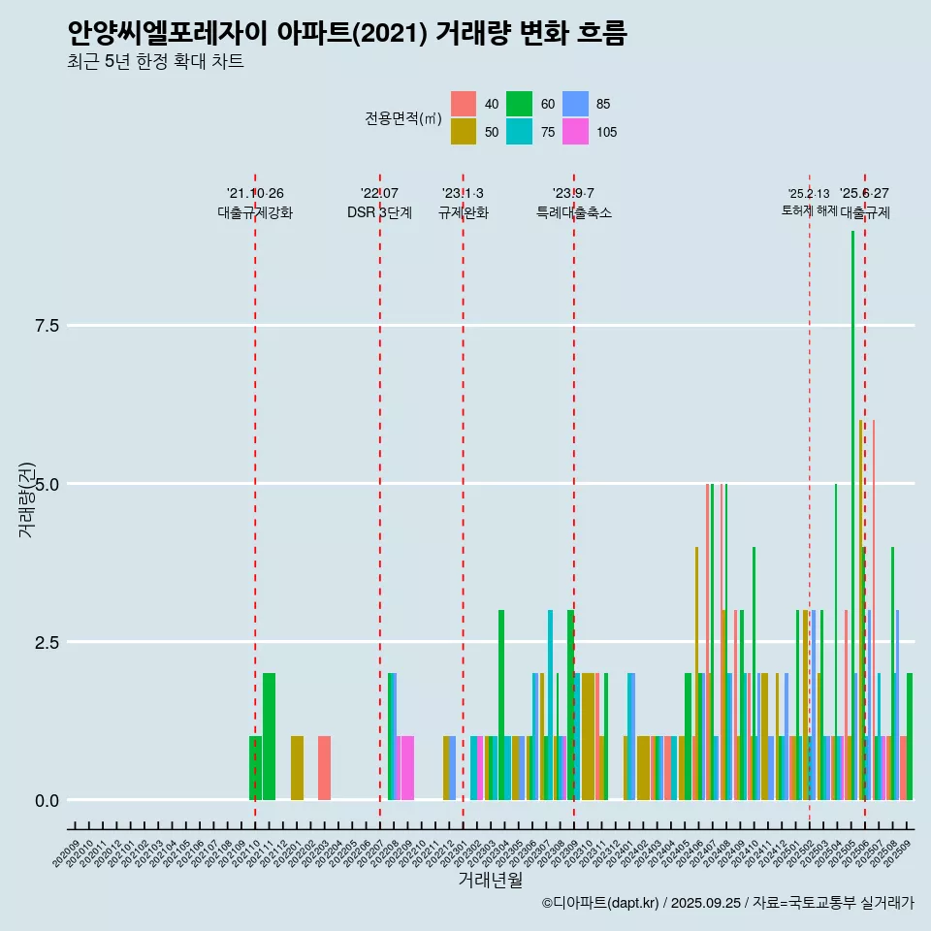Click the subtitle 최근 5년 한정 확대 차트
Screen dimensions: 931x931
(x=155, y=62)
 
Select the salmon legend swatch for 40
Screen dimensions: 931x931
(x=464, y=104)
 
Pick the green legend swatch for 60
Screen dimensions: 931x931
(x=520, y=104)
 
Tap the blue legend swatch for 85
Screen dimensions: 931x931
(x=576, y=104)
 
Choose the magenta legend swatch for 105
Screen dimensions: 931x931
(x=576, y=132)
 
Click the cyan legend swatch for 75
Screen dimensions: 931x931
(x=520, y=132)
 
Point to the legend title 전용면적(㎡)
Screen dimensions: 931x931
(x=403, y=118)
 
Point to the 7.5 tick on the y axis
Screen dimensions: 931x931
(x=48, y=326)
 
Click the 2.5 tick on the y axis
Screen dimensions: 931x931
(x=48, y=642)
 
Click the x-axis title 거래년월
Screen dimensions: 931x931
(x=491, y=880)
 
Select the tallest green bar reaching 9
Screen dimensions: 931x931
(x=853, y=514)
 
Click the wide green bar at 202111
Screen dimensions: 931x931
(x=269, y=737)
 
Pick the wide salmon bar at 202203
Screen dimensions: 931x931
(x=324, y=768)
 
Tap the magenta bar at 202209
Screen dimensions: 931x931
(x=407, y=768)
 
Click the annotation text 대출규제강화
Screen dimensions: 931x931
(x=255, y=212)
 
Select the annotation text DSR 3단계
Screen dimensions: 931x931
(x=379, y=212)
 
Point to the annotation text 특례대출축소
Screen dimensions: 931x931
(x=574, y=212)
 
